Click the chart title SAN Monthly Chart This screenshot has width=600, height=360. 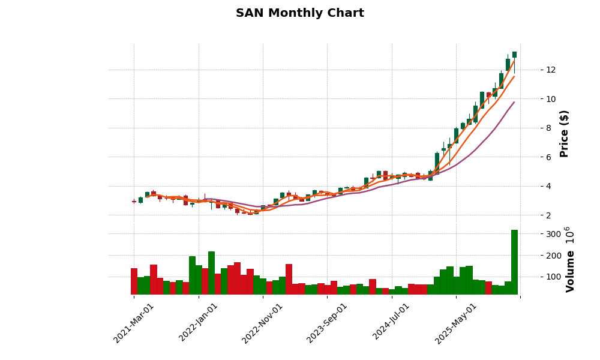coord(299,13)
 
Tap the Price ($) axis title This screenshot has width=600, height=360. coord(564,133)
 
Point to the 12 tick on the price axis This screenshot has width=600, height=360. coord(550,70)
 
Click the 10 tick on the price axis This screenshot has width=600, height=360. coord(550,99)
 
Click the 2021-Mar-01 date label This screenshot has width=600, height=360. coord(134,323)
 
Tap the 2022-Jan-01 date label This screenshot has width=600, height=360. coord(199,323)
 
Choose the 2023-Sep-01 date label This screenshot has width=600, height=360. coord(327,323)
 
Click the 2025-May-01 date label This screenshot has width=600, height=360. coord(456,323)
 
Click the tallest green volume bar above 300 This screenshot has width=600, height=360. coord(514,262)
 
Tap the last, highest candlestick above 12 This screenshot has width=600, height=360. coord(514,55)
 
